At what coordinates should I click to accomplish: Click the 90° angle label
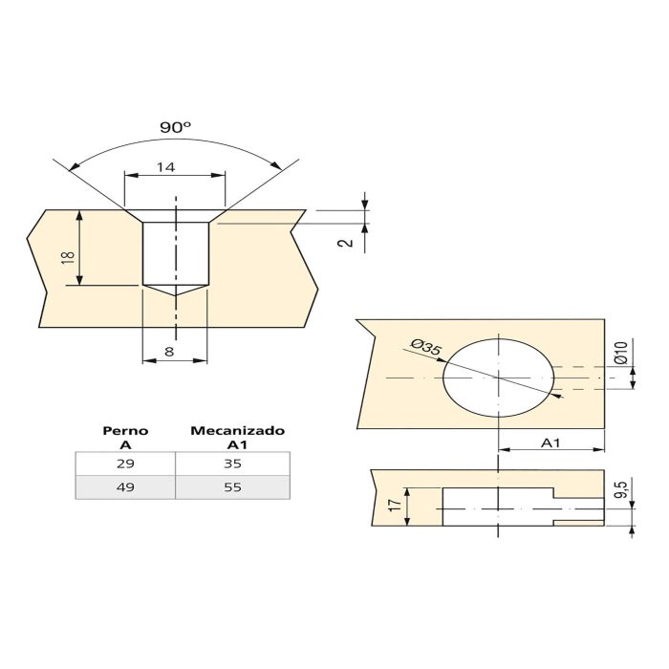175,126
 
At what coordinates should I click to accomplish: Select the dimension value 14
165,167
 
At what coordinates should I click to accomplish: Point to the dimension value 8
169,352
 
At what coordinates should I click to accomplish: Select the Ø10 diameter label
620,352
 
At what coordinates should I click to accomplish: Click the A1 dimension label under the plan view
550,442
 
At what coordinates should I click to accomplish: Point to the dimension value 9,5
620,492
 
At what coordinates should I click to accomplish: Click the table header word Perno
125,431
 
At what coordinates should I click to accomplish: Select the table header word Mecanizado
237,431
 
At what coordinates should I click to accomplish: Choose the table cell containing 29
125,464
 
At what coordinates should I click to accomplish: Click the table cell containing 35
232,464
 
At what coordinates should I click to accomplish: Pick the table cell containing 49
125,486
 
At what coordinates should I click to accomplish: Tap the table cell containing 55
232,486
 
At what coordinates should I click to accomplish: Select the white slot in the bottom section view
497,507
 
